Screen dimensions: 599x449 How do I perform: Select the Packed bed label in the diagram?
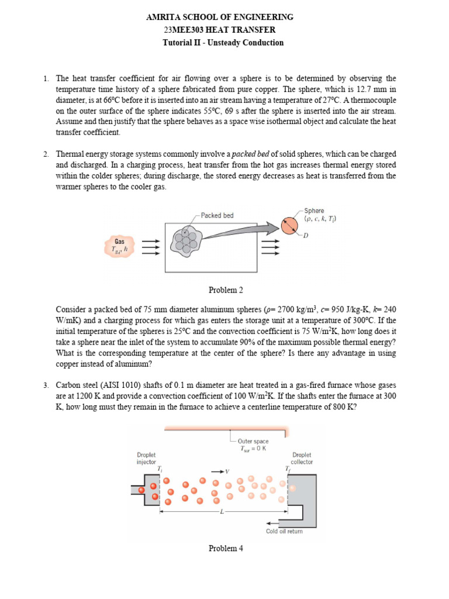point(217,215)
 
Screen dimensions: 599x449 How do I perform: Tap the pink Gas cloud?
point(119,245)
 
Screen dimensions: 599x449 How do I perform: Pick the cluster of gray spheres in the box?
point(186,238)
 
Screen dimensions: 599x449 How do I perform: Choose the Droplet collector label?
point(302,458)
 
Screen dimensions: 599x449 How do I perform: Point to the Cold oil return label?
point(284,532)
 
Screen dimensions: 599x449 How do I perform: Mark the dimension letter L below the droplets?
point(222,512)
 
